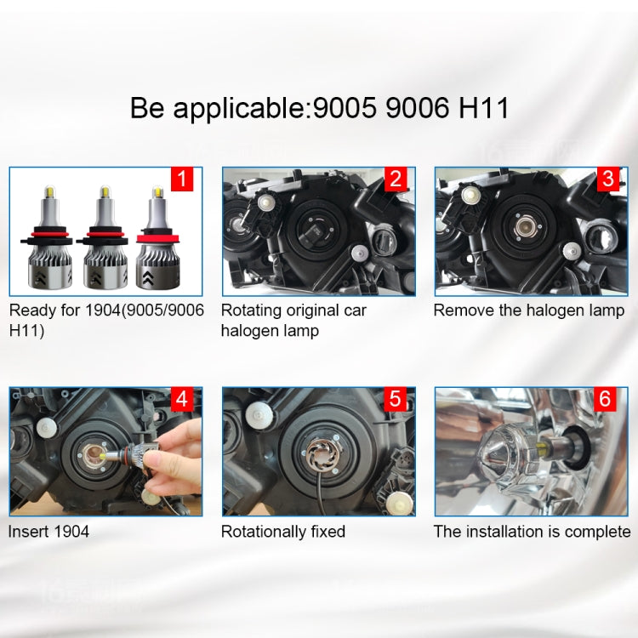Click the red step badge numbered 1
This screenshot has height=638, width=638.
point(182,179)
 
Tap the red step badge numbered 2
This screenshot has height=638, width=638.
point(395,179)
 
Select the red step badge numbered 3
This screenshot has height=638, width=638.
point(607,179)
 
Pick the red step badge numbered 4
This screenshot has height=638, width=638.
point(182,400)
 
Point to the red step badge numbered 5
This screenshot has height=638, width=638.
point(395,400)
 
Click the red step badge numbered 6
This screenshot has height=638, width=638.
point(607,400)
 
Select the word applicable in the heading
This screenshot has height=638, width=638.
point(240,109)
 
